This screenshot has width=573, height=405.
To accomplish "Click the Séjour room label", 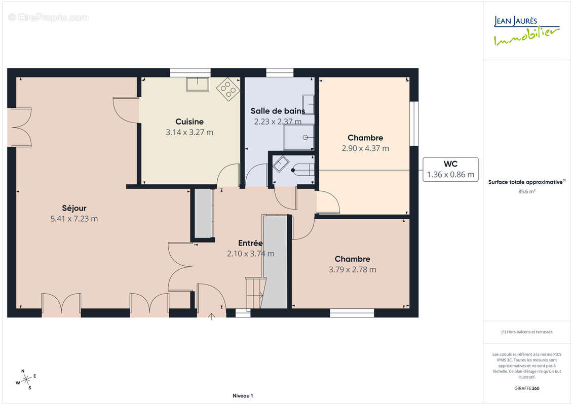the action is click(x=74, y=208).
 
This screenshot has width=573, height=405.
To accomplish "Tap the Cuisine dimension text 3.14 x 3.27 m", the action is click(x=189, y=132).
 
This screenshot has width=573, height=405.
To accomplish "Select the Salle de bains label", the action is click(x=278, y=111).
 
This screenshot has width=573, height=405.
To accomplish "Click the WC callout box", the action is click(x=450, y=170).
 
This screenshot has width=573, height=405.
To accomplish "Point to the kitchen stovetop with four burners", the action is click(x=228, y=89).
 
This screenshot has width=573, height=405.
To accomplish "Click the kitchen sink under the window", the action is click(x=198, y=84).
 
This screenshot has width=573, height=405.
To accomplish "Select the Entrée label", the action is click(x=250, y=243).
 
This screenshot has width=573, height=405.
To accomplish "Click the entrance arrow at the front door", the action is click(x=212, y=316).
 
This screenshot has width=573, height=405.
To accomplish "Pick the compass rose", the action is click(x=26, y=380).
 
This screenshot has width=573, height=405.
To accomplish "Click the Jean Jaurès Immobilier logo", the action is click(x=526, y=31).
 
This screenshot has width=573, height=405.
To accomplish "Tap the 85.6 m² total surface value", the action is click(x=527, y=191).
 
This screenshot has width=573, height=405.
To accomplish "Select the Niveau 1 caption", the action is click(x=243, y=395).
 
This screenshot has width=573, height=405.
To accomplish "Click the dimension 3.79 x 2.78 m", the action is click(x=352, y=269).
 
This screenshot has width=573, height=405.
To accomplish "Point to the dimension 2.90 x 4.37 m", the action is click(x=365, y=148).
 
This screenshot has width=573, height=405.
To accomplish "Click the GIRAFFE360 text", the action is click(x=527, y=388).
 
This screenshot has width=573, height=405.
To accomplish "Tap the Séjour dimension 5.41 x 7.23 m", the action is click(x=74, y=219).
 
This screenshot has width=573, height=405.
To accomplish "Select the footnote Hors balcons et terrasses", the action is click(x=527, y=332).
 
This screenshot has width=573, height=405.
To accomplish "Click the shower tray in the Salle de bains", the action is click(x=298, y=137).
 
